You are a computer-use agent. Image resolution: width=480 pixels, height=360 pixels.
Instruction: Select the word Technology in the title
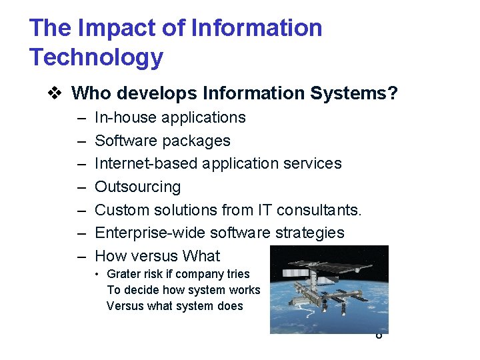96,57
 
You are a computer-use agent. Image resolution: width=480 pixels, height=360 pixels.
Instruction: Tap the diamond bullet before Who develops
59,93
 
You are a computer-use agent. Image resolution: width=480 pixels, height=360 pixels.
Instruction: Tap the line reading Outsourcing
137,187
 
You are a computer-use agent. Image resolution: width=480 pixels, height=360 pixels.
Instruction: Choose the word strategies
312,233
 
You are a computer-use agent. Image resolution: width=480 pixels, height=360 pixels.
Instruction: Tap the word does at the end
231,306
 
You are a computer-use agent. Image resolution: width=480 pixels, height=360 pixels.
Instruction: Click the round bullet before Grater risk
97,274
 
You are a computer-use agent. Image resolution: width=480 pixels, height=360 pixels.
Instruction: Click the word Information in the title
257,28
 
